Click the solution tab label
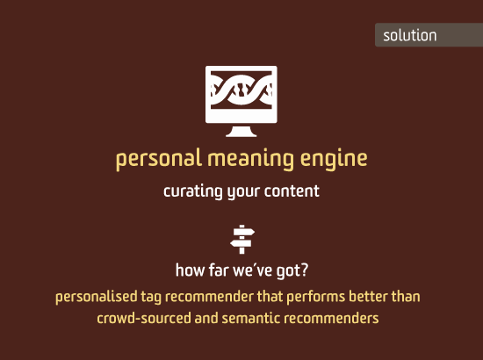(410, 35)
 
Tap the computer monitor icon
(241, 101)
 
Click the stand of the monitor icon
(241, 132)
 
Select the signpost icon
(242, 240)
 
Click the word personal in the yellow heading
(159, 159)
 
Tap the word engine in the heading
(334, 159)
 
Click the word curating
(193, 191)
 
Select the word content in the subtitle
(292, 191)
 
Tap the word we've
(253, 270)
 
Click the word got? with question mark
(292, 270)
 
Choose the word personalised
(96, 297)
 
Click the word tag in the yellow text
(151, 298)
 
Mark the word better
(368, 297)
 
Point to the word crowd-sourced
(144, 318)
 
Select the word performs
(316, 297)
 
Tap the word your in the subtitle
(243, 192)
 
